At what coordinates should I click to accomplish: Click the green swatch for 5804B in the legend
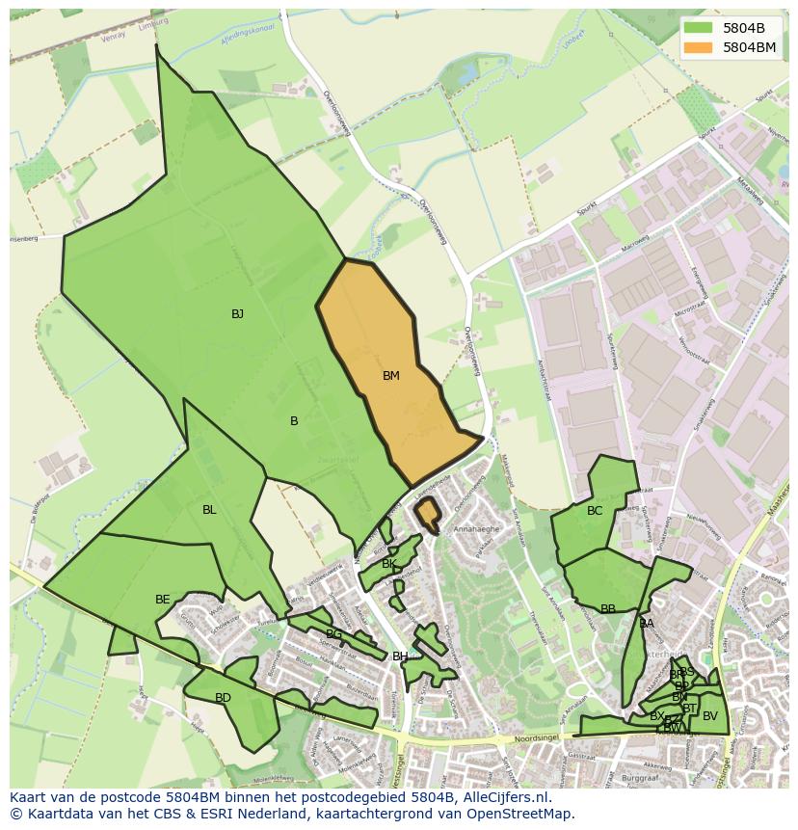click(x=699, y=27)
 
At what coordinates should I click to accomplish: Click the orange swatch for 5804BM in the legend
click(x=699, y=46)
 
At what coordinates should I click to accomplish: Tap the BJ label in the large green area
click(x=237, y=313)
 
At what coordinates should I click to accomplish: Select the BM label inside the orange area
click(x=390, y=376)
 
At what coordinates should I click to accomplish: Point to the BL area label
click(x=209, y=510)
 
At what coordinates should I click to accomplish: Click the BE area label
click(x=162, y=600)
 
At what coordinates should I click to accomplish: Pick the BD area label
click(x=223, y=698)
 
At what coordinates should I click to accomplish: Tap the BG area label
click(x=333, y=634)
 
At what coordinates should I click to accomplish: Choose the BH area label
click(x=399, y=656)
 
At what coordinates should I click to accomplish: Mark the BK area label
click(x=389, y=564)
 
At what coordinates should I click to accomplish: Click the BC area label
click(x=595, y=511)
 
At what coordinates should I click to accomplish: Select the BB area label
click(x=608, y=609)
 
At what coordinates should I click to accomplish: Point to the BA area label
click(x=647, y=624)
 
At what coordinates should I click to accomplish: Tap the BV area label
click(x=710, y=716)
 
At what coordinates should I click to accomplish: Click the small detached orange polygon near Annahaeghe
click(x=427, y=513)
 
